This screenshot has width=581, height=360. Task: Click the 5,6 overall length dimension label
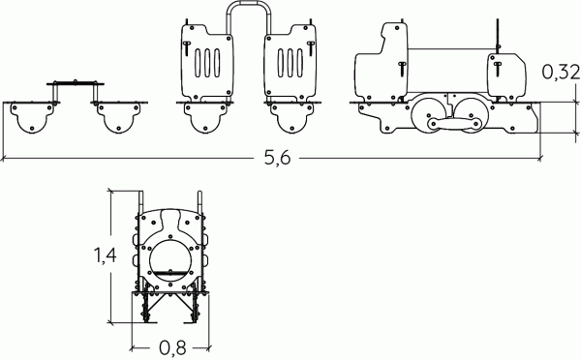point(278,158)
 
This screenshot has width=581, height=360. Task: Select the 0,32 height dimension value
point(561,73)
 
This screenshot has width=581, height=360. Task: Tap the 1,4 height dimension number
point(106,255)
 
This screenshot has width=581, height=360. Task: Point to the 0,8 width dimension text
point(172,348)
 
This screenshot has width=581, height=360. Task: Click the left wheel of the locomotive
point(429,114)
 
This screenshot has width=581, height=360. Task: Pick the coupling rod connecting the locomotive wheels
point(455,124)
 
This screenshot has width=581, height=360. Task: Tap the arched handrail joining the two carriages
point(249,15)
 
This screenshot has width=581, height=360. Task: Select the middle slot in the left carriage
point(207,63)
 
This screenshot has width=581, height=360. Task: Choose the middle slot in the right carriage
point(290,63)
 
